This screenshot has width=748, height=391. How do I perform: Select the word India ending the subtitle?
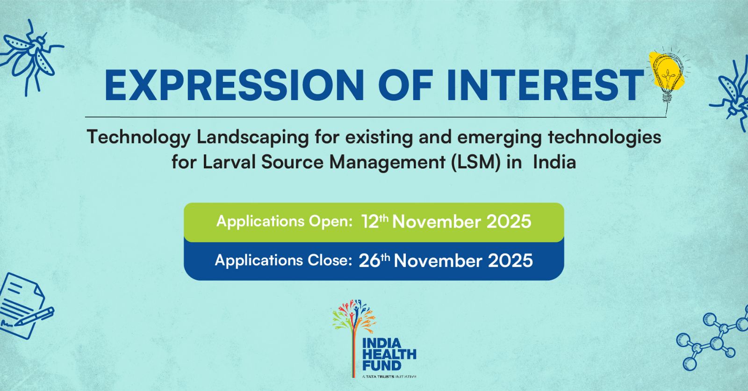pos(554,163)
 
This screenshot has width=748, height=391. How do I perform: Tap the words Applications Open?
pos(285,222)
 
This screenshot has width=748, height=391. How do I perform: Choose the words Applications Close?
pos(283,261)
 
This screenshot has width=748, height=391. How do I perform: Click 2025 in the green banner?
pos(509,222)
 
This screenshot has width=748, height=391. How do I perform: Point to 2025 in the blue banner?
pos(510,261)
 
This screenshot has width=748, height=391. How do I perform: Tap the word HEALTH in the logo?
pos(389,354)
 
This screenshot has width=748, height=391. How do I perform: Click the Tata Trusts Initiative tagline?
pos(389,377)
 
